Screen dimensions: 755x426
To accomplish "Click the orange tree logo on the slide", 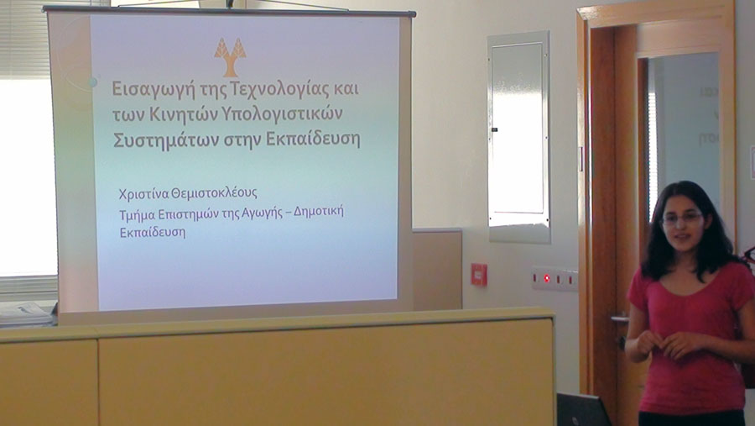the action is click(x=230, y=57).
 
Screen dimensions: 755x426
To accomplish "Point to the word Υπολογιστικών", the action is click(x=282, y=115).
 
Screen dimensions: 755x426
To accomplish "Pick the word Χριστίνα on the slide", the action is click(x=143, y=193).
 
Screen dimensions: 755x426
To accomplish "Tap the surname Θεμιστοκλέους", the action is click(x=214, y=193).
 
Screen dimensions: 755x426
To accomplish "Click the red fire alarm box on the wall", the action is click(x=479, y=275).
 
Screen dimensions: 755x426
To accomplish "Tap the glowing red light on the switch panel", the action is click(x=546, y=278).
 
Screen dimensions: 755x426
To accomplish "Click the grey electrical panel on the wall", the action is click(x=518, y=136).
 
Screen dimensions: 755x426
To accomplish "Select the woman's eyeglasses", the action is click(x=682, y=219).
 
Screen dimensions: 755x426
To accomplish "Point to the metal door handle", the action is click(x=620, y=319).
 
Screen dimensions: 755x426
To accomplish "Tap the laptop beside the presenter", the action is click(x=584, y=409).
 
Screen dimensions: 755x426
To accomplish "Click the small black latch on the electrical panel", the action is click(x=493, y=129).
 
